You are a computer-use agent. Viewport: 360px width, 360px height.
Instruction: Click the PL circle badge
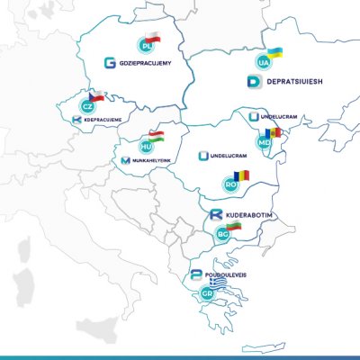(x=145, y=47)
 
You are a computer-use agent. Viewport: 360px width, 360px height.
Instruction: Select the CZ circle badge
(x=88, y=105)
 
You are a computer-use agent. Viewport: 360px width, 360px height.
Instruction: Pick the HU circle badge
(x=146, y=145)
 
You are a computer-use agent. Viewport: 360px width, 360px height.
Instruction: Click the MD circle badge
(x=264, y=142)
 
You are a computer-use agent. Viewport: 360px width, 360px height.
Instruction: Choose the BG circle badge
(x=224, y=234)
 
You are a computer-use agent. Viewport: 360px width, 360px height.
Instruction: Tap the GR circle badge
(x=208, y=293)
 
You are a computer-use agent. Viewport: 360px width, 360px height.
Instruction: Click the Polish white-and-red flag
(x=155, y=39)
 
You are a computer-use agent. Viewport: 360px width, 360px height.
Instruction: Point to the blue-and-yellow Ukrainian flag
(x=271, y=49)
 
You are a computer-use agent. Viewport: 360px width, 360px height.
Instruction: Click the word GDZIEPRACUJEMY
(x=151, y=63)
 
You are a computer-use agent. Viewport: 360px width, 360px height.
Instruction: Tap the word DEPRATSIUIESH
(x=292, y=82)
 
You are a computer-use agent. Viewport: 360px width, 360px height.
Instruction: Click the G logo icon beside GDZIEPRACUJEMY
(x=110, y=63)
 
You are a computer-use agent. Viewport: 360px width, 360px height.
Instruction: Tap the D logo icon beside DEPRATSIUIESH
(x=253, y=82)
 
